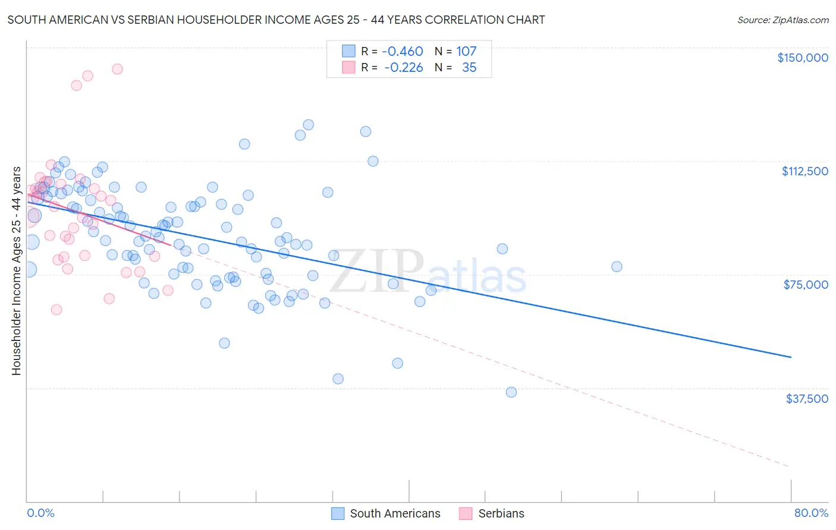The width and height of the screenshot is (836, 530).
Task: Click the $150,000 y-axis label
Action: (802, 58)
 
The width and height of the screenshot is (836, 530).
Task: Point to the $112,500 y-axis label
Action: (804, 171)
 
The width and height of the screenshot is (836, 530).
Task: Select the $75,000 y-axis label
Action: (806, 285)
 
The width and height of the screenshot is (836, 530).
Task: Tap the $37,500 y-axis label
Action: (807, 399)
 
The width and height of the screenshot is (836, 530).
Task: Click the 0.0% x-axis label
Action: (40, 513)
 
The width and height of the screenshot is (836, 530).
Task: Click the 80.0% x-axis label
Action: (811, 513)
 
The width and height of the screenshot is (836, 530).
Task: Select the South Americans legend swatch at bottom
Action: (338, 513)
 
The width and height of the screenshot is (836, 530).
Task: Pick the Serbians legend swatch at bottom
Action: (466, 513)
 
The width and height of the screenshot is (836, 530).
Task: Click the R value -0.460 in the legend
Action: (403, 52)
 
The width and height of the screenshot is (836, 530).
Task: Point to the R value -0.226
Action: (404, 68)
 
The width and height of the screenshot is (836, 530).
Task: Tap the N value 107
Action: (466, 52)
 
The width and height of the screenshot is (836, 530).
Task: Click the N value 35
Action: (469, 68)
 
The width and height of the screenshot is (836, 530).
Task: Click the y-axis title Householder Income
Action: (16, 270)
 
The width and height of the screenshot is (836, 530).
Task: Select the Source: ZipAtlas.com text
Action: (782, 20)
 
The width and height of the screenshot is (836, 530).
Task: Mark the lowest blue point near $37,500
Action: (511, 392)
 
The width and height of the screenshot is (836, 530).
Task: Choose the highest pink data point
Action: (117, 69)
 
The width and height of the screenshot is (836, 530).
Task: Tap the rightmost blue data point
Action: (617, 267)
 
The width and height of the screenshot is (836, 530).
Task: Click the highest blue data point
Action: (308, 125)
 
